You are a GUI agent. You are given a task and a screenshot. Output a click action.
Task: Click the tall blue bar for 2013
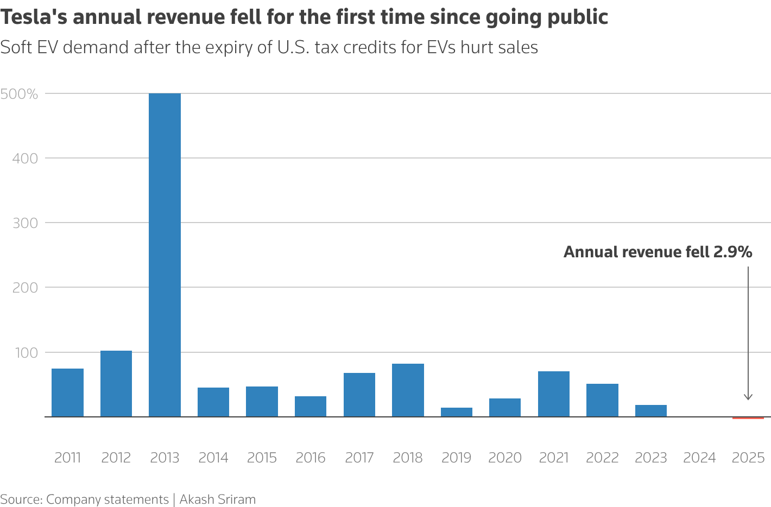[x=165, y=255]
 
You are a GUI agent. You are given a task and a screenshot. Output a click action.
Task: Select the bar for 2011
[x=67, y=392]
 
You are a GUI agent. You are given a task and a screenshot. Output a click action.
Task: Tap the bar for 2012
[x=116, y=384]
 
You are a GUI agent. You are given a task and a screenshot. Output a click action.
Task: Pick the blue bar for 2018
[x=408, y=390]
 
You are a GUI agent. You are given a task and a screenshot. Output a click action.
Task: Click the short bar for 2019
[x=456, y=412]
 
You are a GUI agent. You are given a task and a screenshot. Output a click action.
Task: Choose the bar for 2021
[x=553, y=394]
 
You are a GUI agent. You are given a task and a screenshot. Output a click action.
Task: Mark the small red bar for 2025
[x=748, y=418]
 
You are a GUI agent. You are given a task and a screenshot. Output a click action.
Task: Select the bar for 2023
[x=650, y=411]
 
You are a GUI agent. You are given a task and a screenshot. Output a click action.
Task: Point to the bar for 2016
[x=311, y=407]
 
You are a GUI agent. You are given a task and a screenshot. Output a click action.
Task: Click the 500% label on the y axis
[x=20, y=94]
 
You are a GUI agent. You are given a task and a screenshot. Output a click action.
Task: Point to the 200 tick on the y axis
[x=25, y=288]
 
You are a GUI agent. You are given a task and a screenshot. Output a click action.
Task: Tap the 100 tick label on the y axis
[x=26, y=353]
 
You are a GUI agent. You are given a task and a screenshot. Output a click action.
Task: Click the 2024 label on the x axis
[x=699, y=458]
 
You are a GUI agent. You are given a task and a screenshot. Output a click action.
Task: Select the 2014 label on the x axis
[x=213, y=458]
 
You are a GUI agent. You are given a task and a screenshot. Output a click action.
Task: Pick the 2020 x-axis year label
[x=505, y=458]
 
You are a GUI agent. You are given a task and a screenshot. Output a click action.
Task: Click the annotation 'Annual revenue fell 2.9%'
[x=658, y=252]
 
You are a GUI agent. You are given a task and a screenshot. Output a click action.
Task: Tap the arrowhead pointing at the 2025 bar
[x=748, y=397]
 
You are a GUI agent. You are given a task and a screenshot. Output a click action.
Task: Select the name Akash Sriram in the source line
[x=217, y=499]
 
